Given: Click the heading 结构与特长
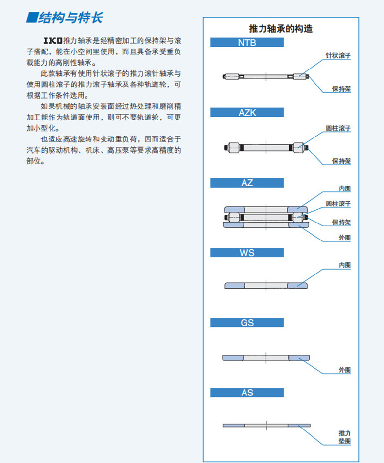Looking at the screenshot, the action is pos(65,18).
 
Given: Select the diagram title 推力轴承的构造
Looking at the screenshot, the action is pos(280,29).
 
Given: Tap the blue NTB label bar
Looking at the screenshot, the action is pos(247,43).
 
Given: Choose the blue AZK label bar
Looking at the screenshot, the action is pos(247,113).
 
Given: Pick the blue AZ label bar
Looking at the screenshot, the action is pos(247,183).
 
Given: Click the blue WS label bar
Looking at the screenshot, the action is pos(247,253).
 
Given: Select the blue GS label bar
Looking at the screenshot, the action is pos(247,323).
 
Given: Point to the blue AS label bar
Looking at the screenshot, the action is pos(247,393).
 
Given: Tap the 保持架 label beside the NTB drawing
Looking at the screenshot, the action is pos(341,89).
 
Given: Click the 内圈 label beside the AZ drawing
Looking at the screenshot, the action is pos(344,189).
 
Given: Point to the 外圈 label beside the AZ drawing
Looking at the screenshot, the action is pos(344,238).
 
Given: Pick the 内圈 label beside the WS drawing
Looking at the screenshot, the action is pos(344,265).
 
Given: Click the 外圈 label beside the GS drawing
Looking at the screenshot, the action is pos(344,370).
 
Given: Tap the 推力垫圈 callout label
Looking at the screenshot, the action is pos(344,437).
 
